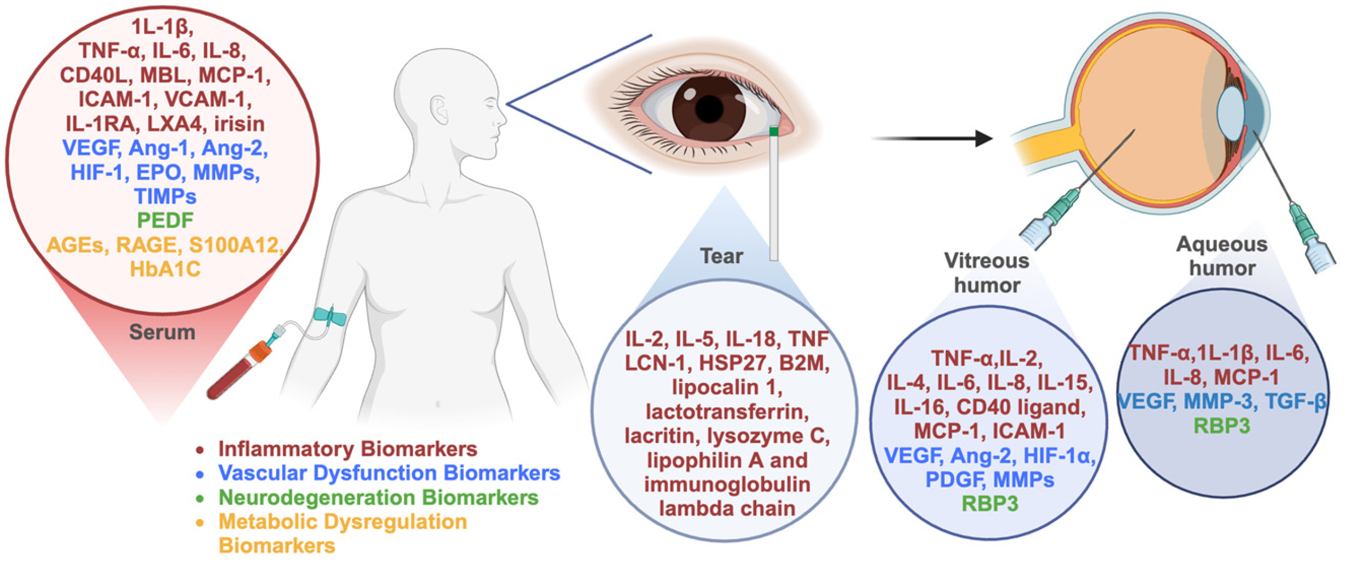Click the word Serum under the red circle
click(x=162, y=332)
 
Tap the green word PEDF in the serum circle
click(x=165, y=220)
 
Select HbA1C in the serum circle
click(x=165, y=269)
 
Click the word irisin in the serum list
click(x=239, y=124)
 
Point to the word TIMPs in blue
click(x=165, y=196)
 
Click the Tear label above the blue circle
click(x=721, y=256)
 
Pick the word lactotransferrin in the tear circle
click(x=727, y=412)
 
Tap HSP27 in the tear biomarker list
click(x=734, y=363)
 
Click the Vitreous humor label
click(x=986, y=273)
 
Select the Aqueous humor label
click(x=1222, y=256)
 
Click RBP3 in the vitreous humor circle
click(x=990, y=504)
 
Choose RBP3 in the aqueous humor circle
click(x=1222, y=426)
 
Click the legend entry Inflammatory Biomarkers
click(x=347, y=449)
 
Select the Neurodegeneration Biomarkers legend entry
click(x=378, y=497)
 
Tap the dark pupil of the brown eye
click(x=709, y=108)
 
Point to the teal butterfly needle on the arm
click(x=329, y=317)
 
